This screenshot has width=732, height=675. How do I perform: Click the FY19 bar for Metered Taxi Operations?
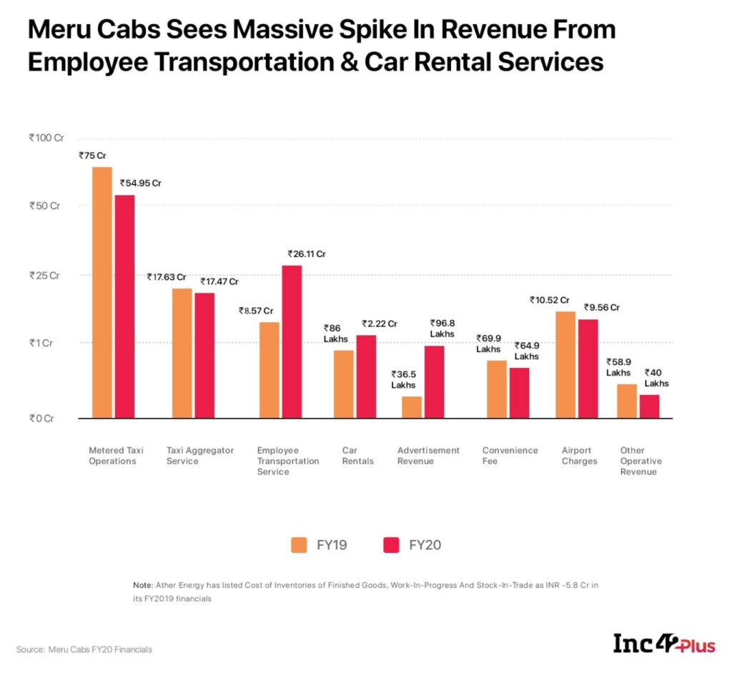pos(102,292)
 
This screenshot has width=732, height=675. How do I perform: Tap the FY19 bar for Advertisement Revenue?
pos(412,406)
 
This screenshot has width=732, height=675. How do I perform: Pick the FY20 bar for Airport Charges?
pos(588,368)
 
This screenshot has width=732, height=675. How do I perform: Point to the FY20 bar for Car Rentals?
pos(366,376)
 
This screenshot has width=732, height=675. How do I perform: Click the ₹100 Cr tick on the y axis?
pos(46,137)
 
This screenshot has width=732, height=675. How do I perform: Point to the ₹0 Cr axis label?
pos(41,419)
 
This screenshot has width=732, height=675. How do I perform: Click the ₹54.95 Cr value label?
pos(140,184)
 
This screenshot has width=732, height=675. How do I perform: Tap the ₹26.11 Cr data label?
pos(307,254)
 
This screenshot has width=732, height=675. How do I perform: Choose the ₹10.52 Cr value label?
pos(550,301)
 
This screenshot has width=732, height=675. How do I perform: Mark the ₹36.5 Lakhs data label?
pos(403,379)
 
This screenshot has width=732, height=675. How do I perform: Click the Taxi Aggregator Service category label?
pos(200,456)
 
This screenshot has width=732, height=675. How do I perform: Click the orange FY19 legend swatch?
pos(300,545)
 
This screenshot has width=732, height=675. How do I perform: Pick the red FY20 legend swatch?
pos(392,545)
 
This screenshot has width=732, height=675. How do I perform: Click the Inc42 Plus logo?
pos(664,643)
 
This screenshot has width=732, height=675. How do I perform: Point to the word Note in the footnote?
pos(142,586)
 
